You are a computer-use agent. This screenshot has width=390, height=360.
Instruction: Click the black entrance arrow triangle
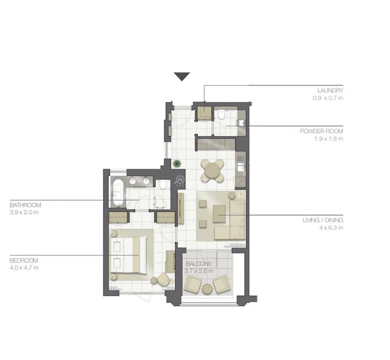click(x=182, y=76)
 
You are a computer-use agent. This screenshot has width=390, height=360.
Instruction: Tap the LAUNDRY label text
click(x=330, y=91)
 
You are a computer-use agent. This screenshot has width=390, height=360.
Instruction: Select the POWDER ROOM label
click(x=321, y=131)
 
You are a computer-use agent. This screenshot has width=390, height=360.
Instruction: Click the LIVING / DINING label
click(x=323, y=220)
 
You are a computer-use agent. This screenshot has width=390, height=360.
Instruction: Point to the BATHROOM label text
click(x=25, y=205)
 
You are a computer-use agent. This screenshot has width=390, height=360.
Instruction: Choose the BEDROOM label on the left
click(x=24, y=261)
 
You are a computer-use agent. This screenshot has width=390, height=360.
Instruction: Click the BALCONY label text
click(x=199, y=264)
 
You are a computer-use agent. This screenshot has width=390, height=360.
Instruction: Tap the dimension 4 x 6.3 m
click(x=331, y=227)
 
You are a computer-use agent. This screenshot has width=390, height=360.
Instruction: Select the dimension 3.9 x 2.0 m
click(x=24, y=212)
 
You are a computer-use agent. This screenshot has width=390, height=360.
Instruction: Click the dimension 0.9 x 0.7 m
click(x=328, y=98)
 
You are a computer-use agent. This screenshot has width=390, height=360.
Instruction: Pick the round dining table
click(x=212, y=171)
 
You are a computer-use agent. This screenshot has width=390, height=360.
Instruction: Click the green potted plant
click(x=177, y=164)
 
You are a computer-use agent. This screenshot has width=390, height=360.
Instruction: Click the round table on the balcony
click(x=207, y=289)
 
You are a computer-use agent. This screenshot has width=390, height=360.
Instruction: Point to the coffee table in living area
click(x=219, y=213)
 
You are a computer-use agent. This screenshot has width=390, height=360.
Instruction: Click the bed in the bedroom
click(x=128, y=255)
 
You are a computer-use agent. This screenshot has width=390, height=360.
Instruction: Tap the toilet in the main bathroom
click(x=163, y=185)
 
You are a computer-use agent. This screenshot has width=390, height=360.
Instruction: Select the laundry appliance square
click(x=204, y=113)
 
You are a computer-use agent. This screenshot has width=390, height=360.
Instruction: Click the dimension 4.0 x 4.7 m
click(x=24, y=268)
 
